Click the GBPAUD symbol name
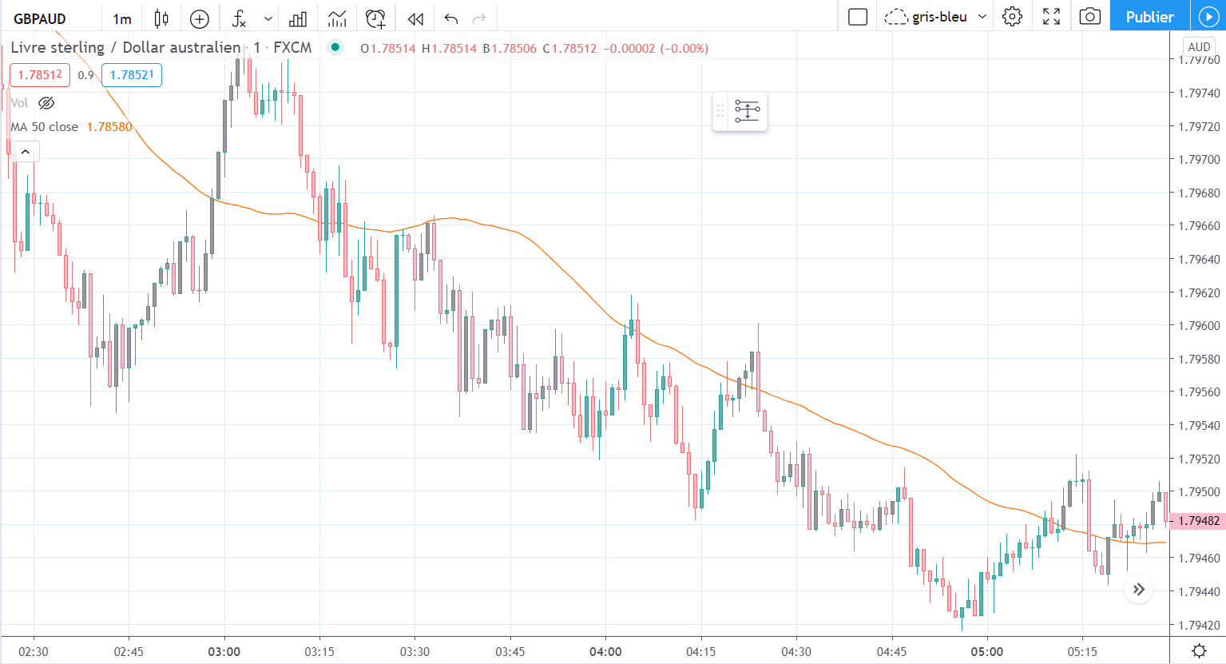click(x=40, y=18)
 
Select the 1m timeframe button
click(x=122, y=18)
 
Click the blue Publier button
click(x=1149, y=17)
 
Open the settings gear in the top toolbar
click(x=1012, y=17)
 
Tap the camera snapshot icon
click(x=1089, y=17)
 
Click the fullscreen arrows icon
click(x=1051, y=17)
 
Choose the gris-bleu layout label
click(x=939, y=17)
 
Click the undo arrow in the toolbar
click(x=451, y=18)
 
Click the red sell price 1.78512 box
click(x=40, y=75)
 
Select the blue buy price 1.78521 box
click(x=131, y=75)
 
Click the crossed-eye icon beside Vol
click(x=46, y=103)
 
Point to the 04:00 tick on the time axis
click(x=605, y=652)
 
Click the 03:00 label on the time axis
click(x=224, y=652)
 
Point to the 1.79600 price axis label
click(x=1199, y=326)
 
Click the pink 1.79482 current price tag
click(x=1198, y=521)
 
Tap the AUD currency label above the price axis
click(x=1199, y=47)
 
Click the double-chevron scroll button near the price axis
click(x=1139, y=590)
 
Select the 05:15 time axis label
click(x=1082, y=652)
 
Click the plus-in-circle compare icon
click(x=200, y=18)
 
